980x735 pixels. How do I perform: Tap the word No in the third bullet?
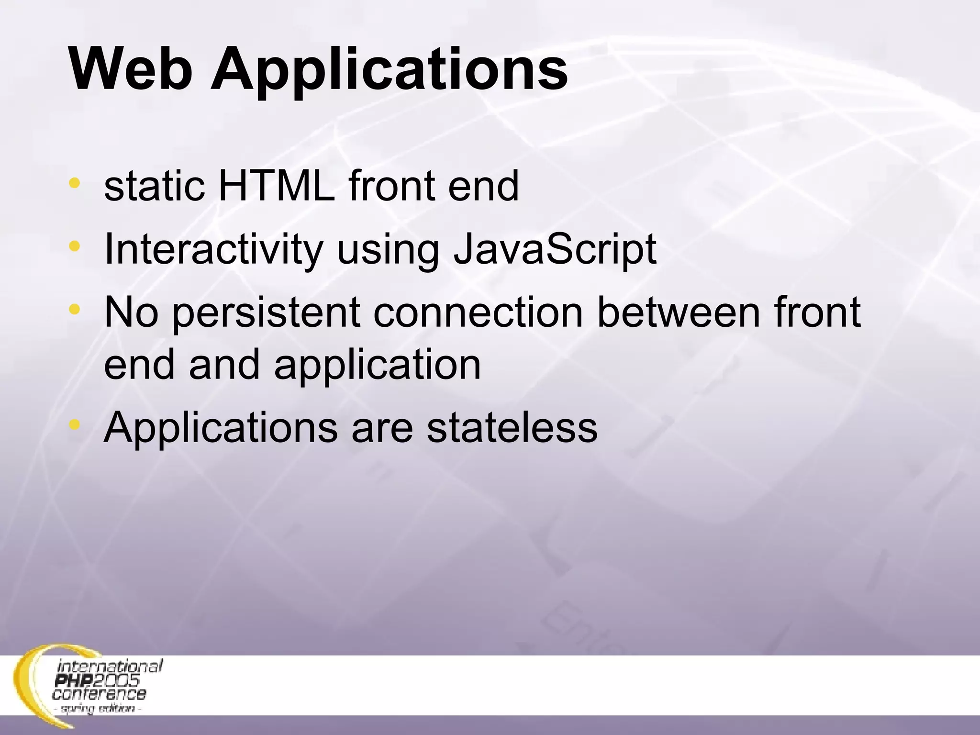point(131,312)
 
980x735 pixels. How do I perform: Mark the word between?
point(679,312)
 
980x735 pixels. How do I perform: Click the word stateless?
point(512,427)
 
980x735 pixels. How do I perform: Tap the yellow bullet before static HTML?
point(74,183)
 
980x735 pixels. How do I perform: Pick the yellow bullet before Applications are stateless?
point(74,424)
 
